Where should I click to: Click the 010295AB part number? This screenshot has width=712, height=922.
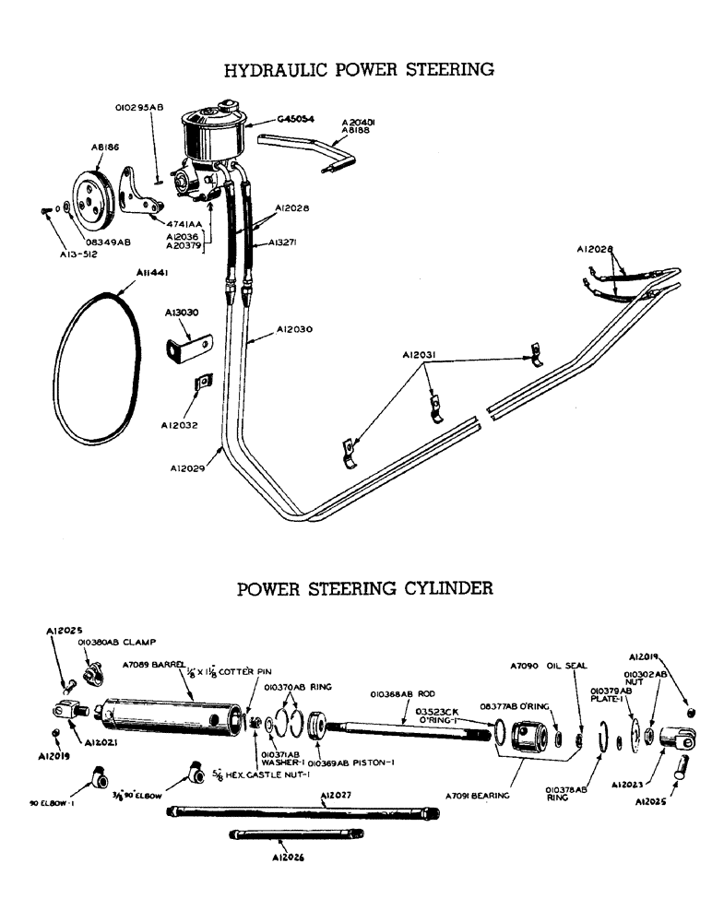tap(139, 107)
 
